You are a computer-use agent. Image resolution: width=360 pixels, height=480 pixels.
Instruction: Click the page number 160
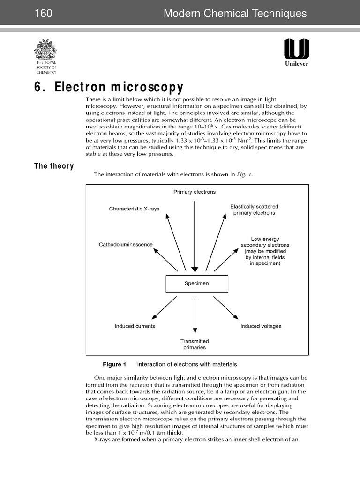(43, 14)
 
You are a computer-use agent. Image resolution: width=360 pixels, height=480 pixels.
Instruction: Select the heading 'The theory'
(54, 166)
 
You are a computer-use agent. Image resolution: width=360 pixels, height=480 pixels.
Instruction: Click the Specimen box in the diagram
(197, 284)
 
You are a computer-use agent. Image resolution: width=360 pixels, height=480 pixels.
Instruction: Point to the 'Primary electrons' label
(195, 192)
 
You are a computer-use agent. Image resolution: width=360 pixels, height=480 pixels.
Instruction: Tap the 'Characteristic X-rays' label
(134, 209)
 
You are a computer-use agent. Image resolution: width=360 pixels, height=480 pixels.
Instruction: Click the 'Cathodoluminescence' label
(125, 245)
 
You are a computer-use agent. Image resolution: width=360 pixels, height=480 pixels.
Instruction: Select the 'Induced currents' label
(135, 326)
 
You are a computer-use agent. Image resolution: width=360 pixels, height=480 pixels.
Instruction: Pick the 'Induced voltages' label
(261, 326)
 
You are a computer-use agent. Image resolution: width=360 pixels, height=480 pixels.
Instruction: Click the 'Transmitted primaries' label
(195, 345)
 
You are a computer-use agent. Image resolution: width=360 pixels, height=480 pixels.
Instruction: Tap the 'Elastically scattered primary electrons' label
(254, 210)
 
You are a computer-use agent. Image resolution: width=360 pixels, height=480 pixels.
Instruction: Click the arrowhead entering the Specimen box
(195, 268)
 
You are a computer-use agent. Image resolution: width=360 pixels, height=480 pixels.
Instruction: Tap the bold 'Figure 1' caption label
(114, 364)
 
